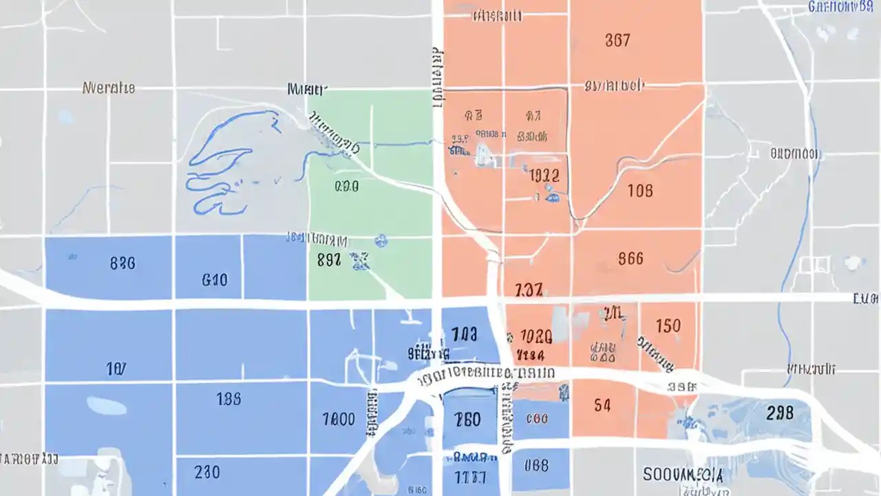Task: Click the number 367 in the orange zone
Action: click(617, 41)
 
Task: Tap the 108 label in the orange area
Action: click(640, 191)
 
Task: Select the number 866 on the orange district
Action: click(630, 258)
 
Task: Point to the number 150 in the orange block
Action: click(668, 325)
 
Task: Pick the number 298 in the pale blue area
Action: click(779, 413)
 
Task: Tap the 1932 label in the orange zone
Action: click(545, 176)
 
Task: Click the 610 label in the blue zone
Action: click(215, 280)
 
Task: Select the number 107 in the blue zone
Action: click(116, 370)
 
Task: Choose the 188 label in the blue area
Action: click(229, 399)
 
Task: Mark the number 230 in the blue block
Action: click(207, 472)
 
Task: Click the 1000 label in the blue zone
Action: click(339, 419)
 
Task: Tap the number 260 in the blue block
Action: click(467, 419)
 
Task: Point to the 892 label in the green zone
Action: click(329, 260)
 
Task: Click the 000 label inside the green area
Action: click(346, 187)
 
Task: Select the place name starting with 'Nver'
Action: click(109, 88)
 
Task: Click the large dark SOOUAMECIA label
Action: click(683, 475)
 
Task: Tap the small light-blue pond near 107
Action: click(107, 406)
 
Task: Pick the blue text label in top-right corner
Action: click(843, 7)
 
